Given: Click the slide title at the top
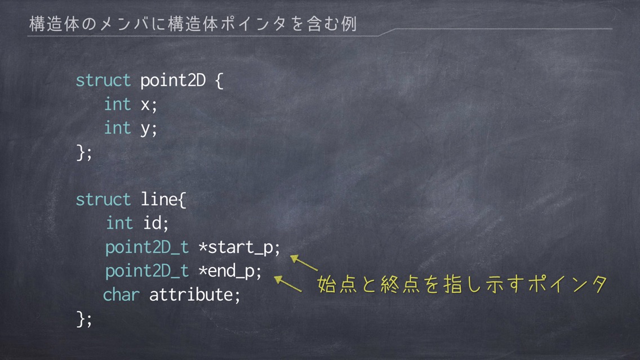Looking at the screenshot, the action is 193,24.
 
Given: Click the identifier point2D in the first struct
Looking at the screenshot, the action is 172,81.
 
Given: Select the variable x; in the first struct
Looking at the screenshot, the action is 149,104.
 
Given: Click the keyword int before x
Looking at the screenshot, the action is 117,104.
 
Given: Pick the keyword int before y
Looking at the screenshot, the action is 117,127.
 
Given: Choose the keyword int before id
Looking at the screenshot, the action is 119,223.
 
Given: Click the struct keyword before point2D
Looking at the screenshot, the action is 103,80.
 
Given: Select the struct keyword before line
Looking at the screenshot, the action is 103,199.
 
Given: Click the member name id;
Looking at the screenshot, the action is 155,223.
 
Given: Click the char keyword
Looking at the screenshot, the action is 121,295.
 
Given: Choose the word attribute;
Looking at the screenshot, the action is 195,295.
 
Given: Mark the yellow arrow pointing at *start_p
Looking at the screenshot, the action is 304,263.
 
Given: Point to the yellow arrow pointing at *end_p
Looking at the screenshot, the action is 288,284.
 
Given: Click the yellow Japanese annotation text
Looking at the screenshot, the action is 463,284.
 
